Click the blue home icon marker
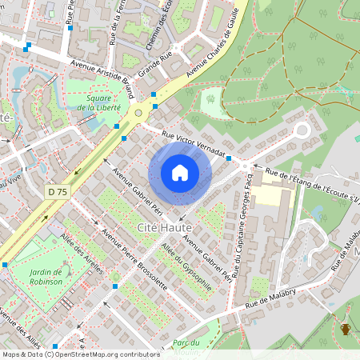pyautogui.click(x=180, y=173)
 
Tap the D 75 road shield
pyautogui.click(x=58, y=192)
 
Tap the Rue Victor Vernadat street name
pyautogui.click(x=194, y=143)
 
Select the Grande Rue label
pyautogui.click(x=155, y=63)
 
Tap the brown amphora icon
pyautogui.click(x=346, y=329)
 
